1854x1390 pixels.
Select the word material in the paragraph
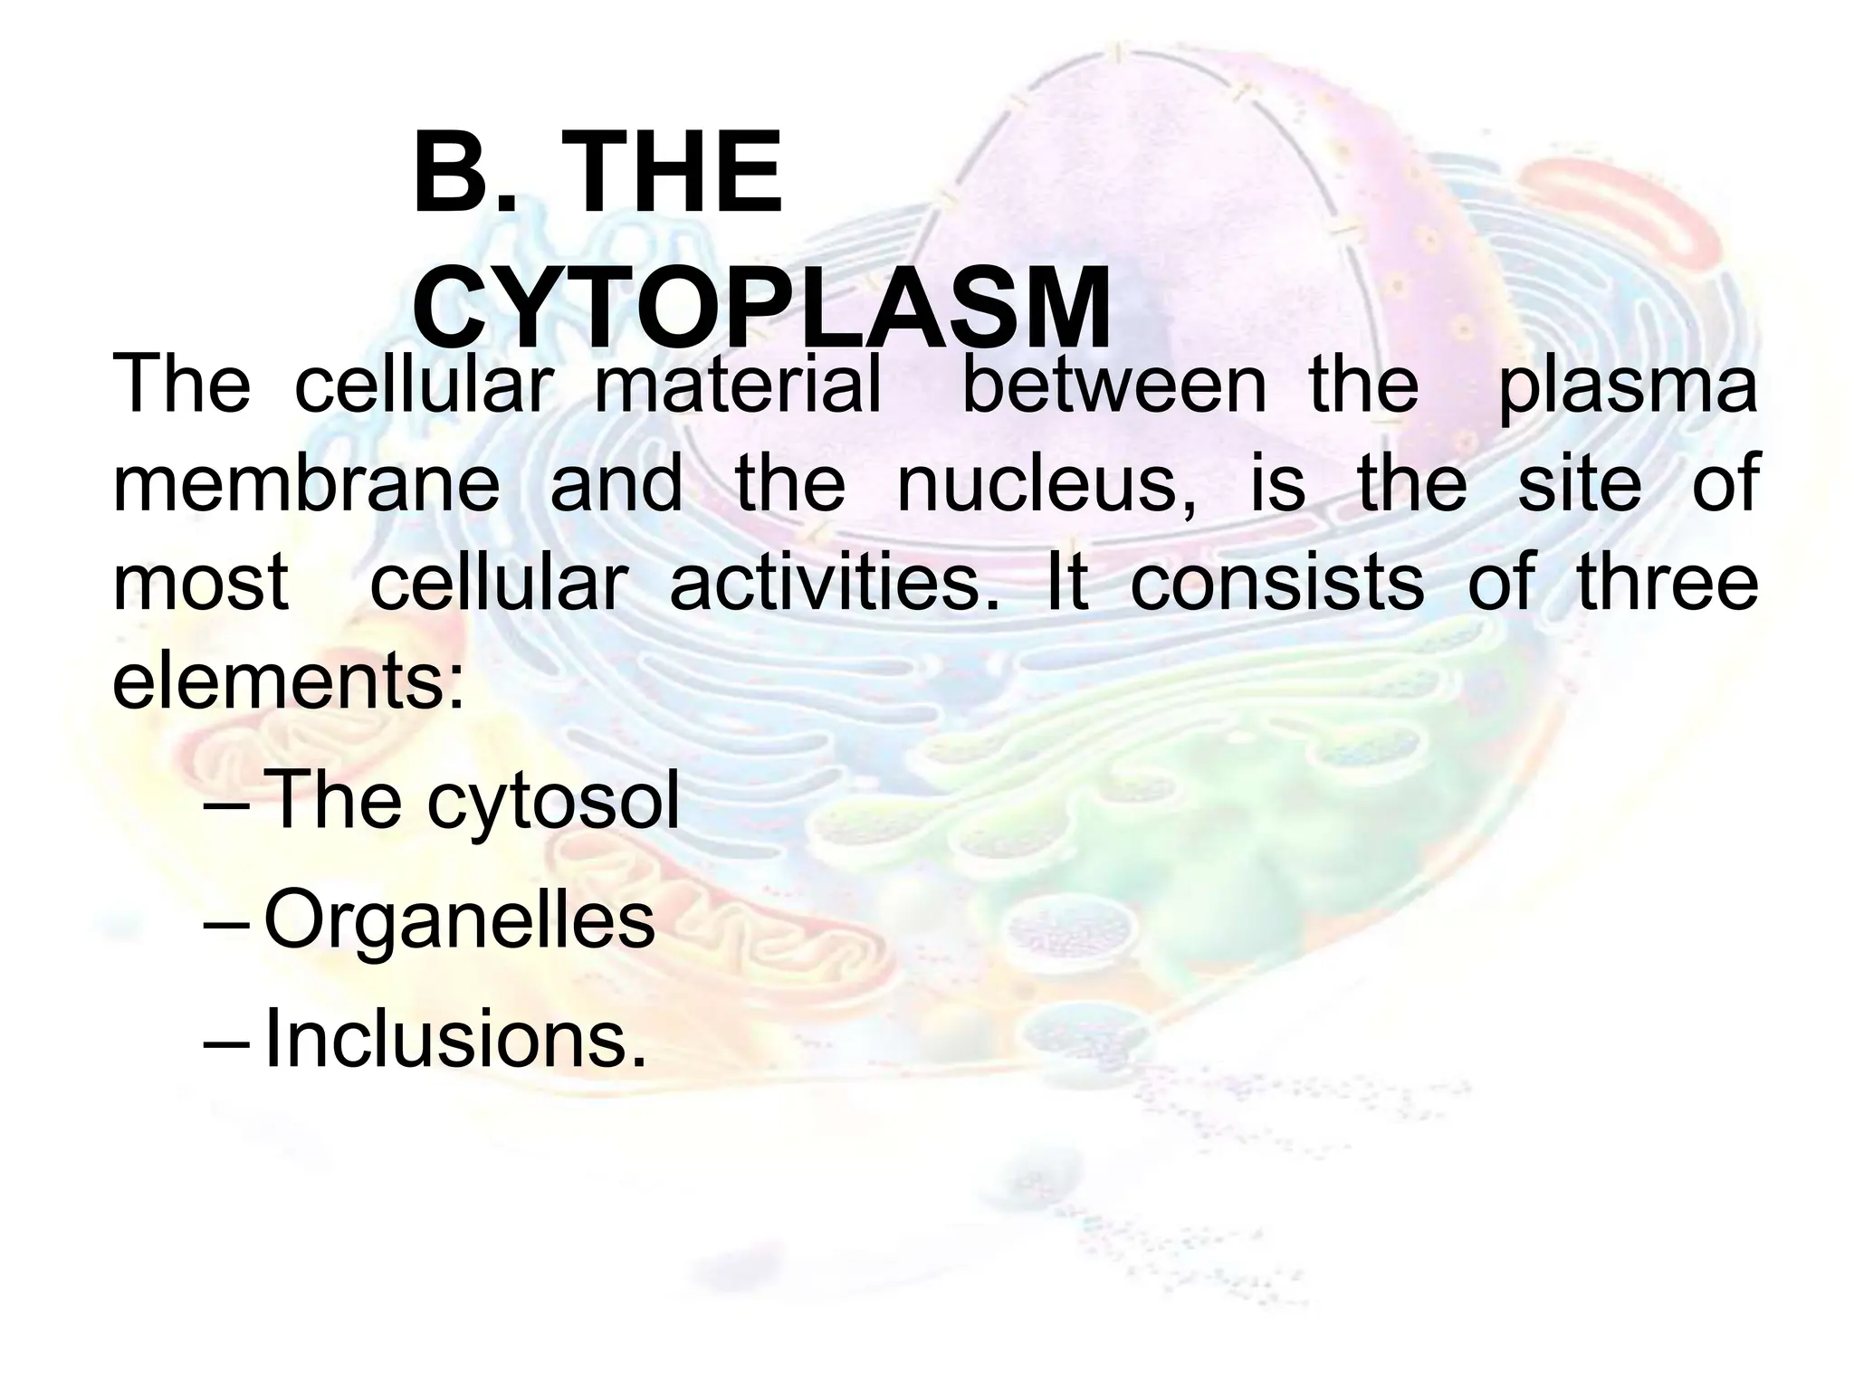coord(738,385)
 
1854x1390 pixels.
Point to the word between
coord(1113,385)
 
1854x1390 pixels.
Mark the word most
coord(200,582)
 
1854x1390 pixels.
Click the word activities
coord(834,582)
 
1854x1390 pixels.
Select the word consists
coord(1276,582)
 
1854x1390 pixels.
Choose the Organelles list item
coord(459,921)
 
